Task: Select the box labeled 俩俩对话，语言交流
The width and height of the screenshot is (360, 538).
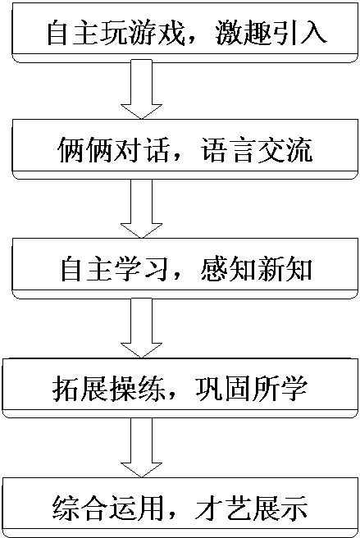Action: pos(185,149)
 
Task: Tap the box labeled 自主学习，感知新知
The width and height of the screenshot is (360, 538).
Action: pos(185,268)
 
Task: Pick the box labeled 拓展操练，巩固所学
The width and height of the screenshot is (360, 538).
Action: pos(181,388)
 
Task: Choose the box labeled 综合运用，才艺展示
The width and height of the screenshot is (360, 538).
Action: pos(181,507)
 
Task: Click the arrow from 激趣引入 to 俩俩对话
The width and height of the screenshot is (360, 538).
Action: pos(141,90)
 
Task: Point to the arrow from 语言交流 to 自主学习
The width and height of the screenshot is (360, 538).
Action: pos(141,208)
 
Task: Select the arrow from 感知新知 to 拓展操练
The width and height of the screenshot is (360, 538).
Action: pos(141,328)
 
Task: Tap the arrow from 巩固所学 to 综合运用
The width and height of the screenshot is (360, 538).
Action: pos(141,448)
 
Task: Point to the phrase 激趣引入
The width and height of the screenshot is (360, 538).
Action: pos(271,34)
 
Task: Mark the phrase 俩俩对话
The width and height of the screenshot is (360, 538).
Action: pos(114,150)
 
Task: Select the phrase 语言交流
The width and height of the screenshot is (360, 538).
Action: pos(257,150)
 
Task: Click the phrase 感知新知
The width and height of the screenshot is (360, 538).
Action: pos(257,269)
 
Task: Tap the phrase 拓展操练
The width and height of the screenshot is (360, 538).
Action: pos(109,389)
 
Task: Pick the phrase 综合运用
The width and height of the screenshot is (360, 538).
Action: pos(109,508)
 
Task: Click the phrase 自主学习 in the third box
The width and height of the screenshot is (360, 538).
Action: pos(116,269)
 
